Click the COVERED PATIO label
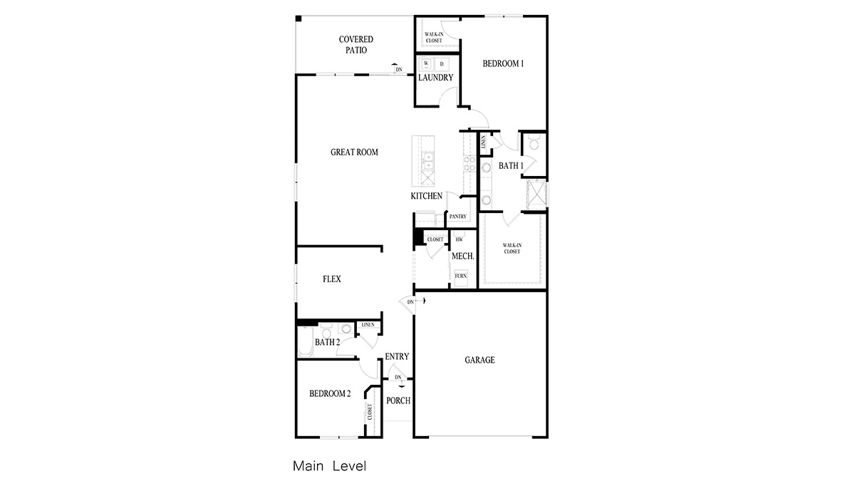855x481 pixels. [x=356, y=45]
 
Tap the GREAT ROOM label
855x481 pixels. [x=354, y=152]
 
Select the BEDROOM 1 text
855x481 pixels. [x=503, y=63]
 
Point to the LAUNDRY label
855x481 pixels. [x=435, y=78]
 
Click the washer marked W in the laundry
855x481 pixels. [x=426, y=63]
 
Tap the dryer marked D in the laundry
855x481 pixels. [x=442, y=63]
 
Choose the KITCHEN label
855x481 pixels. [x=426, y=196]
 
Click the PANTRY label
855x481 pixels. [x=457, y=217]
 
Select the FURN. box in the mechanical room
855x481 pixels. [x=460, y=275]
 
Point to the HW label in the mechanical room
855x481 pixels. [x=459, y=239]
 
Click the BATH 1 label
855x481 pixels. [x=510, y=166]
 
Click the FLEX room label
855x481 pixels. [x=331, y=279]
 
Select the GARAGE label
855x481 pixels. [x=480, y=361]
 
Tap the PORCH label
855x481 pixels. [x=398, y=400]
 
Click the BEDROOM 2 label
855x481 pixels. [x=330, y=393]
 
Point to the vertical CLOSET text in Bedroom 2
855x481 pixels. [x=370, y=412]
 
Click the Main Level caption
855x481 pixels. [x=329, y=467]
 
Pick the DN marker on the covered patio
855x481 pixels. [x=398, y=69]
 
